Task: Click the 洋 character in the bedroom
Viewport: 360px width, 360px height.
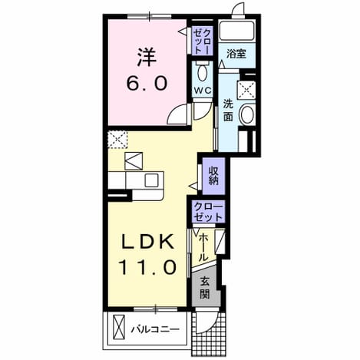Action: pyautogui.click(x=147, y=58)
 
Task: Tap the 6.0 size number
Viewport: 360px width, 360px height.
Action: pyautogui.click(x=147, y=83)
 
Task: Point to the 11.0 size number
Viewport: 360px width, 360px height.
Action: pyautogui.click(x=147, y=266)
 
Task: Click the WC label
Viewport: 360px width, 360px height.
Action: pyautogui.click(x=203, y=90)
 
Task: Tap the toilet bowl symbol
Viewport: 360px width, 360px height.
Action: pyautogui.click(x=203, y=72)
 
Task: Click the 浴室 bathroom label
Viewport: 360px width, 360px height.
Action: pyautogui.click(x=236, y=54)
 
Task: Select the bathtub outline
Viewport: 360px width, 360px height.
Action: pyautogui.click(x=236, y=31)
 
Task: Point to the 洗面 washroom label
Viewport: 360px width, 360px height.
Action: pyautogui.click(x=228, y=111)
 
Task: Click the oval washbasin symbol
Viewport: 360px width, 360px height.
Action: pyautogui.click(x=247, y=114)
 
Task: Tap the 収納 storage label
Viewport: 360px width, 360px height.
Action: pyautogui.click(x=214, y=176)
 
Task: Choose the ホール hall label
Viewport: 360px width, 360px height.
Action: pyautogui.click(x=203, y=248)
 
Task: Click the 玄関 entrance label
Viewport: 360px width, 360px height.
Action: pyautogui.click(x=205, y=288)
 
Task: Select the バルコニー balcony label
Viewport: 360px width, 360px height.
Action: pyautogui.click(x=155, y=329)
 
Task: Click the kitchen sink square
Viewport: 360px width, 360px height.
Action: pyautogui.click(x=151, y=180)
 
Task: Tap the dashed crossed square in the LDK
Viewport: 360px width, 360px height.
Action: pyautogui.click(x=117, y=140)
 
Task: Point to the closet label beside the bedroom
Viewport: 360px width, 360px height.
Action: pyautogui.click(x=203, y=41)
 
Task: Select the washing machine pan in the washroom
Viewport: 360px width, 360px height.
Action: pyautogui.click(x=246, y=90)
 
